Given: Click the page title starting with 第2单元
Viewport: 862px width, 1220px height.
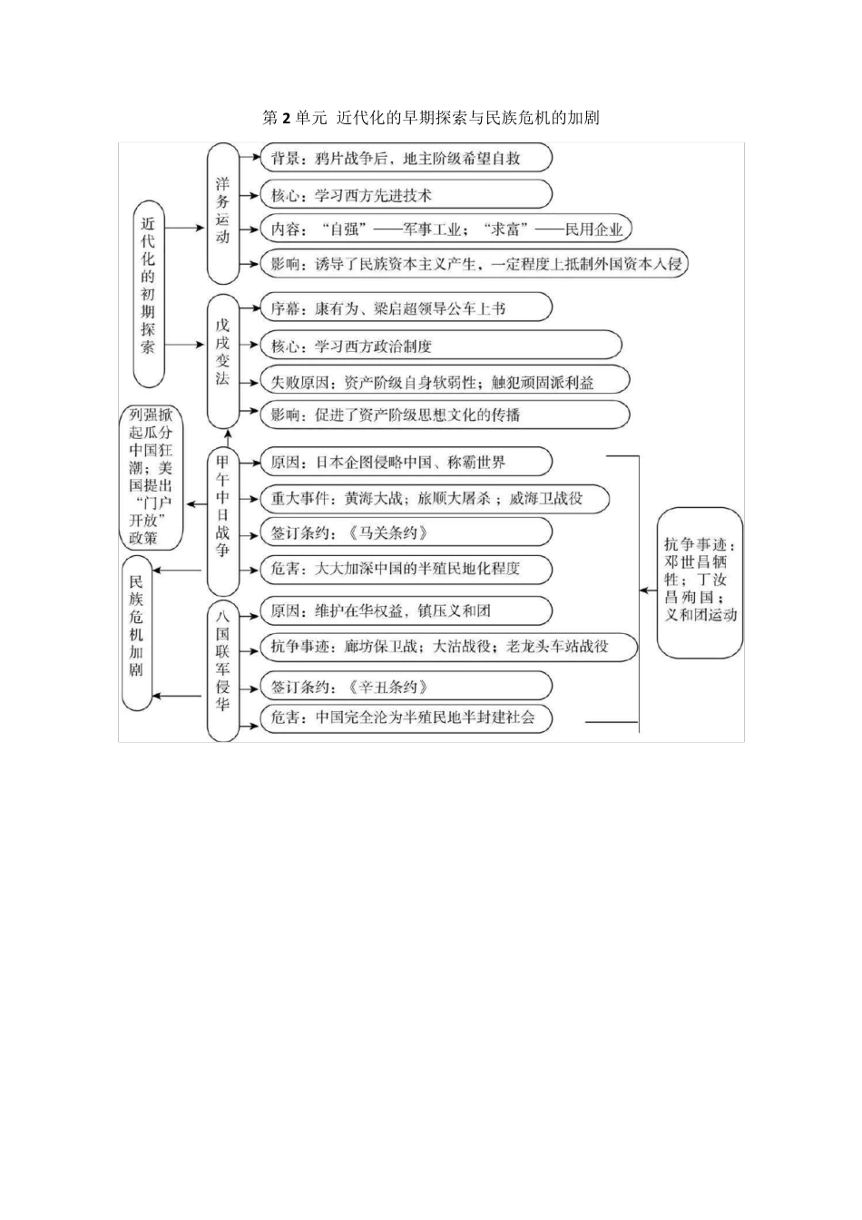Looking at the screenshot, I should tap(430, 118).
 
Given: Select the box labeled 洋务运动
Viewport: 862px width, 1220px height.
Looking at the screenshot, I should tap(223, 212).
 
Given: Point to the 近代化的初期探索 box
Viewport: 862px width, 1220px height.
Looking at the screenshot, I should tap(148, 292).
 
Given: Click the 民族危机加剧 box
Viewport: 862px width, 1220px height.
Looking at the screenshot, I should tap(136, 632).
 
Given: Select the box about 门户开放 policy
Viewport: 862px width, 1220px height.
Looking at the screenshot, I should tap(151, 477).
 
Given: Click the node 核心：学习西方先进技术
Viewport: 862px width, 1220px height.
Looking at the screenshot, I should tap(406, 195).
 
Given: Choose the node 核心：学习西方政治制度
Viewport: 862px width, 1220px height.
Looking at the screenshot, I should tap(440, 346).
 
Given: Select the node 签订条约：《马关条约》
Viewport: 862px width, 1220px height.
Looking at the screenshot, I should tap(406, 533).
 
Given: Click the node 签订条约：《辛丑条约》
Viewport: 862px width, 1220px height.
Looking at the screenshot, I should tap(406, 687).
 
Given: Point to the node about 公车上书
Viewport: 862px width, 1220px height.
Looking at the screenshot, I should tap(406, 308).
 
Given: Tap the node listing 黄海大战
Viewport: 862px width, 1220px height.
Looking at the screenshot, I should tap(434, 498).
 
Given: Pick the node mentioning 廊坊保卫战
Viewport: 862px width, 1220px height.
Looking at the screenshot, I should tap(448, 647).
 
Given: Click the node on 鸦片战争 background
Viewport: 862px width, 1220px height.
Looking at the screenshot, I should tap(406, 159).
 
